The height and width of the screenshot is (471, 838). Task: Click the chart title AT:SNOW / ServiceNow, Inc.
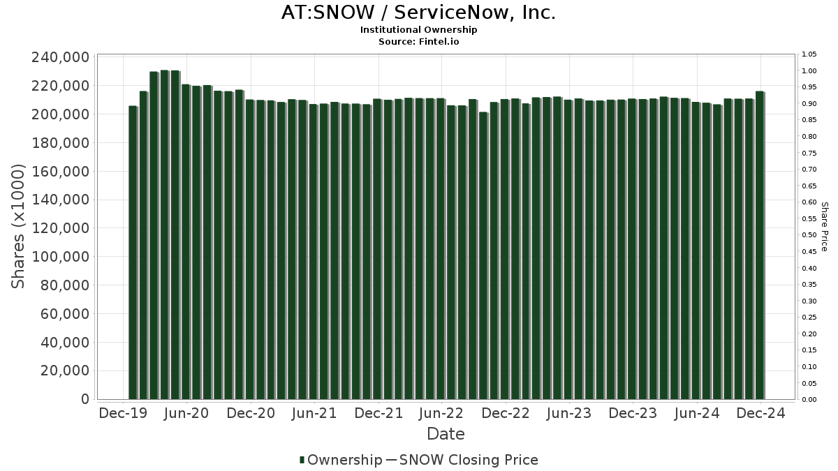[418, 13]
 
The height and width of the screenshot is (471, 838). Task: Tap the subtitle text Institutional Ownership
[418, 30]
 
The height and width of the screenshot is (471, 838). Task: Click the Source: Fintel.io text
[418, 42]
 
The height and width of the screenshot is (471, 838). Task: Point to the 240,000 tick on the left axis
[60, 57]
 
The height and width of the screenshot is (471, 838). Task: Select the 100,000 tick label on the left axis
[60, 257]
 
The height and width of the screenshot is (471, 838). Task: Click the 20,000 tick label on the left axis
[64, 371]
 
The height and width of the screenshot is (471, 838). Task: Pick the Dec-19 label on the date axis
[123, 413]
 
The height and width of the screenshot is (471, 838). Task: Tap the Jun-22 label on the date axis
[441, 413]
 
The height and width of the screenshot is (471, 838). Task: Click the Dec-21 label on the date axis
[378, 413]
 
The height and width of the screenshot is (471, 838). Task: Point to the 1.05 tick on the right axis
[809, 54]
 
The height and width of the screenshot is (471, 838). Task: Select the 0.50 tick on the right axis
[809, 235]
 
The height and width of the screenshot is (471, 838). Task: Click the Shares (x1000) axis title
[19, 227]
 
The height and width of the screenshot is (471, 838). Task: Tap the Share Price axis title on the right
[824, 227]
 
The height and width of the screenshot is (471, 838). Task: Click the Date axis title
[446, 434]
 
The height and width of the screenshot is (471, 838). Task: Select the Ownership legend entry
[341, 460]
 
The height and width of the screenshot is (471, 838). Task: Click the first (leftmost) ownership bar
[133, 253]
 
